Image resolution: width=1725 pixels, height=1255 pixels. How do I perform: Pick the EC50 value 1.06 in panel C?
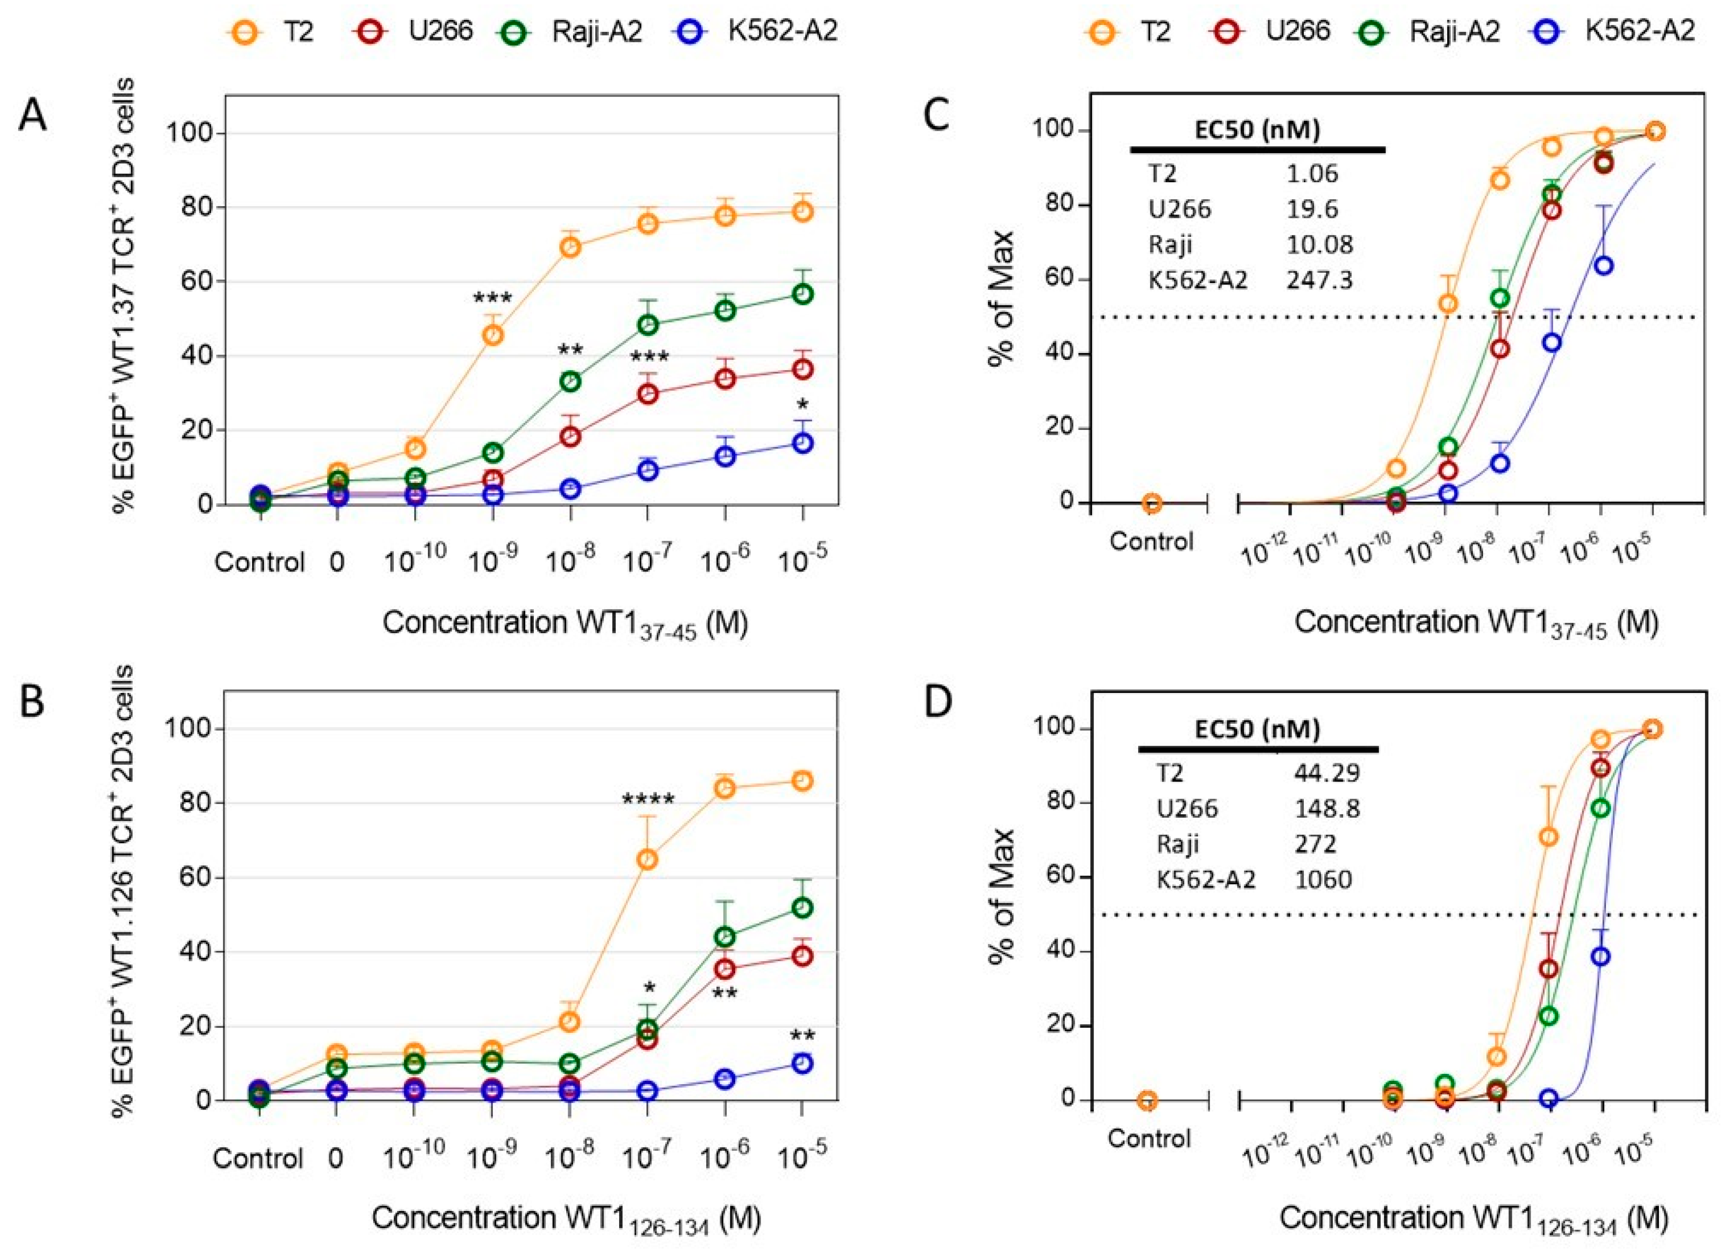[1312, 173]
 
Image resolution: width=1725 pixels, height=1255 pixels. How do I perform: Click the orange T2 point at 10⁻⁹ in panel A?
[493, 334]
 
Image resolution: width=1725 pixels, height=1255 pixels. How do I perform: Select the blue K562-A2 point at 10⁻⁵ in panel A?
[802, 444]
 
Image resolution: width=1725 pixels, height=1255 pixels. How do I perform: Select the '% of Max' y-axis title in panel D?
[1003, 898]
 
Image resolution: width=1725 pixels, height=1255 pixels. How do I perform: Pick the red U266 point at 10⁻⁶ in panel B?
[725, 969]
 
